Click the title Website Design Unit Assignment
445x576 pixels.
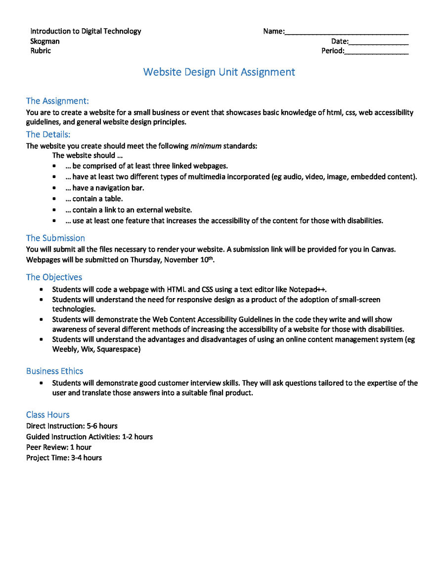click(x=219, y=72)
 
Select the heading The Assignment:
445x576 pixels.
click(x=57, y=101)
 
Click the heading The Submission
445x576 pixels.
click(x=55, y=238)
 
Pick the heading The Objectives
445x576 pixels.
click(x=54, y=277)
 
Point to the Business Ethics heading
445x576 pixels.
click(x=54, y=371)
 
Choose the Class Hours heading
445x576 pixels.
click(x=47, y=414)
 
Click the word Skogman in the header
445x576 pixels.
click(x=44, y=41)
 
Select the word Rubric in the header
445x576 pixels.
click(x=40, y=50)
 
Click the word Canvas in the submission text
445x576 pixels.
click(x=384, y=249)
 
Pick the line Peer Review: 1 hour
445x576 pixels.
click(x=58, y=447)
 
